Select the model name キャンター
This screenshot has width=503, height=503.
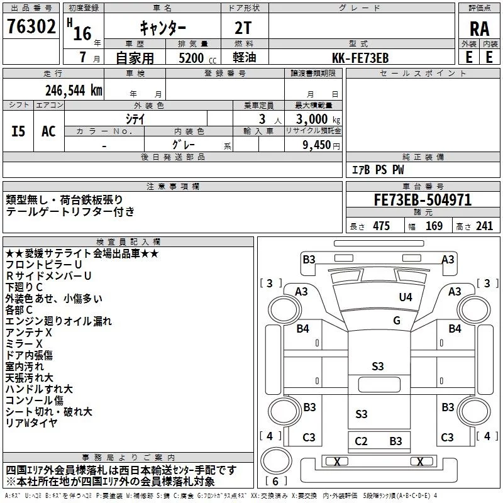162,28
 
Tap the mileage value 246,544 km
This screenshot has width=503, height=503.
74,90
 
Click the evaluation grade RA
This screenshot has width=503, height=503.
480,28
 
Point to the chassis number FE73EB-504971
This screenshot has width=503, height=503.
423,201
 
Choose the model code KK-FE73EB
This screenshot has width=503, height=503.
361,58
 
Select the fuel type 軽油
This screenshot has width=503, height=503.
245,58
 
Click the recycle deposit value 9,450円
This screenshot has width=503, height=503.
314,145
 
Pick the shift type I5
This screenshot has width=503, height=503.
18,131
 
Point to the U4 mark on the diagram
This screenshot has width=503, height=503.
406,297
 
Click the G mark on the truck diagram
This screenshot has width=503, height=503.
397,320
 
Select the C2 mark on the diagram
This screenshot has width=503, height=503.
361,441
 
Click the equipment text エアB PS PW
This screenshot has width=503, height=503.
377,170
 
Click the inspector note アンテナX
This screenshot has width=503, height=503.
29,331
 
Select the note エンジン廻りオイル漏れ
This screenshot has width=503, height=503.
58,321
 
